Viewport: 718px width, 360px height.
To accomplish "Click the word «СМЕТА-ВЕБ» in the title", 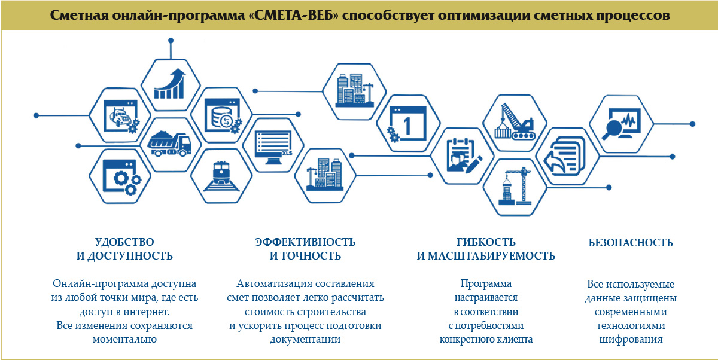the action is click(293, 15).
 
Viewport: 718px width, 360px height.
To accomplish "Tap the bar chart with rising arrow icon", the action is click(170, 84).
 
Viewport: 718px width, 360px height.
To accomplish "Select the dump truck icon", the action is click(169, 143).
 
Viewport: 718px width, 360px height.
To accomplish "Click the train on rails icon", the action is click(221, 176).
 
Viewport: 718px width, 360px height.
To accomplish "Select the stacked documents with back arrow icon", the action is click(565, 155).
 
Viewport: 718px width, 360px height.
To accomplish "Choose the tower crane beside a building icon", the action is click(515, 187).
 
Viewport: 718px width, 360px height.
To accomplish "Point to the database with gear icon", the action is click(223, 116).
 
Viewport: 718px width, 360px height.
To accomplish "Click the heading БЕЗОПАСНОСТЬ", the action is click(631, 243).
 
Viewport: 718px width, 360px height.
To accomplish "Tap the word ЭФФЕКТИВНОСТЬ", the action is click(305, 242).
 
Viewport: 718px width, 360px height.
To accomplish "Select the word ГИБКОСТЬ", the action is click(486, 242).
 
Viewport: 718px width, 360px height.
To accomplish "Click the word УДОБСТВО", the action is click(124, 242).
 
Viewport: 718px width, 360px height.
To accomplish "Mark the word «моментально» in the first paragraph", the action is click(124, 339).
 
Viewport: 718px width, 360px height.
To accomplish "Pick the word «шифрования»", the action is click(631, 340).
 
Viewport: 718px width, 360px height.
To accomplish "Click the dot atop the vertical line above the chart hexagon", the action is click(171, 41).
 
